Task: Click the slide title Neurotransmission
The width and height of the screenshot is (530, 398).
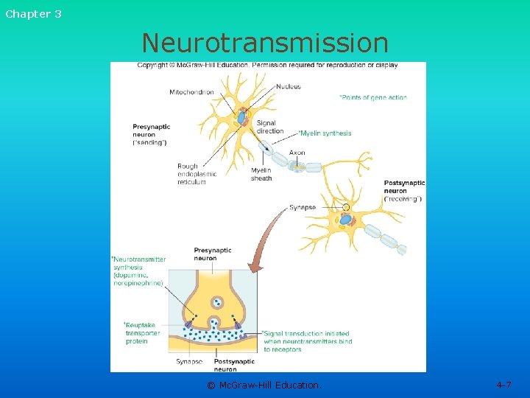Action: coord(265,43)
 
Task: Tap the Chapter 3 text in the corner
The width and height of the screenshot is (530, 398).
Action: coord(33,14)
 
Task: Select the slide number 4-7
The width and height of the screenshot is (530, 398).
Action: coord(504,385)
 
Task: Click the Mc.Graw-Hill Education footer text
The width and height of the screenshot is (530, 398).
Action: coord(264,385)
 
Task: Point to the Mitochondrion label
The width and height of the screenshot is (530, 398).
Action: coord(191,93)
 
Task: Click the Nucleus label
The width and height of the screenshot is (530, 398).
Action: coord(289,87)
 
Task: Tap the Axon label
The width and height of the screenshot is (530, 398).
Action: coord(297,153)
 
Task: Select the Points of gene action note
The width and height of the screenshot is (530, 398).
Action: coord(372,97)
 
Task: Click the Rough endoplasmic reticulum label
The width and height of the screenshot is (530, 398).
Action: coord(191,174)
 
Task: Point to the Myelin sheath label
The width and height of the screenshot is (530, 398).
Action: coord(261,174)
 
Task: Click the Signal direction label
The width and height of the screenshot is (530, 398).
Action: coord(270,128)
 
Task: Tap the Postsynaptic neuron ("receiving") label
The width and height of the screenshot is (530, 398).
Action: coord(404,191)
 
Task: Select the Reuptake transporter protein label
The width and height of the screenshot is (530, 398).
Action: coord(142,332)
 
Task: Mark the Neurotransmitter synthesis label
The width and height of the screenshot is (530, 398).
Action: coord(138,270)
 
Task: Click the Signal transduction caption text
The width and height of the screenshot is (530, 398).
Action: coord(308,341)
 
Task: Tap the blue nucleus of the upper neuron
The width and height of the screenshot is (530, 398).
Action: coord(242,116)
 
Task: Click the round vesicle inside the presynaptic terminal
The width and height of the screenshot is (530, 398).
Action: coord(216,301)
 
